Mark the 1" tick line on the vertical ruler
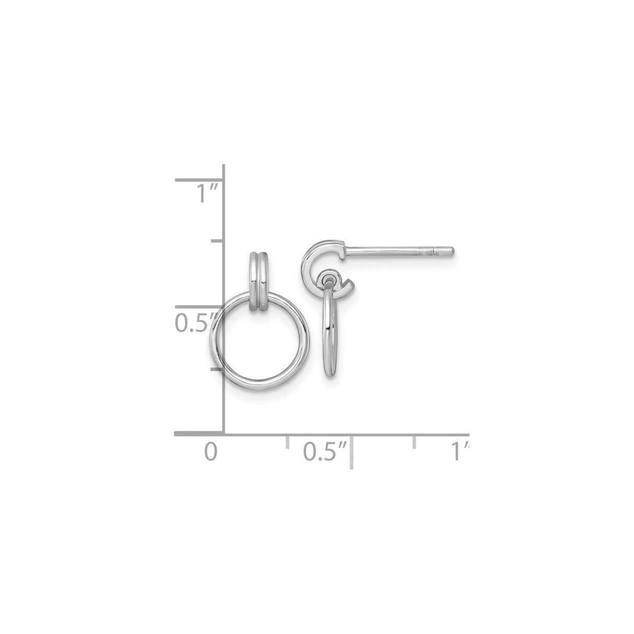pos(198,181)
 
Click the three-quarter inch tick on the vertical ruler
pos(216,242)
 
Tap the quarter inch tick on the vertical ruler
pos(216,369)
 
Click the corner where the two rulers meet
pos(224,433)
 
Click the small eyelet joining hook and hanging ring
pos(330,275)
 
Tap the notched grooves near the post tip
pos(434,251)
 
